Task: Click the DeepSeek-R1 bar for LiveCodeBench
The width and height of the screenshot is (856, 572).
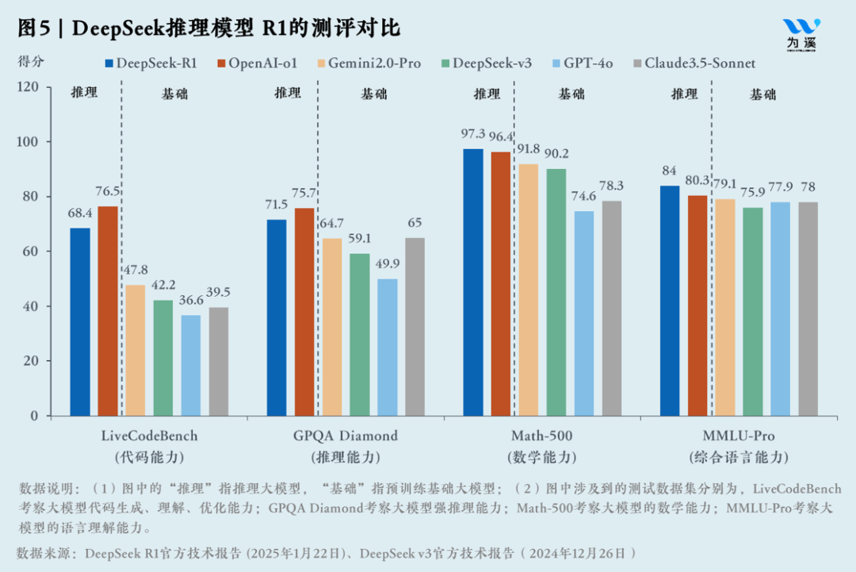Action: click(80, 322)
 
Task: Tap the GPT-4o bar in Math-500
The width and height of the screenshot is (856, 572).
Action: click(584, 313)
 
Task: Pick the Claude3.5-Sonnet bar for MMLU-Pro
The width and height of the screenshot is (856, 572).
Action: click(808, 309)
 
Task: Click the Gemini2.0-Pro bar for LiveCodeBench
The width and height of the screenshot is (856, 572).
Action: click(136, 350)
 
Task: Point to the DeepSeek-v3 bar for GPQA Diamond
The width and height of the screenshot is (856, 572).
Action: click(360, 334)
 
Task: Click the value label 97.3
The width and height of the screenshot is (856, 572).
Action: click(472, 133)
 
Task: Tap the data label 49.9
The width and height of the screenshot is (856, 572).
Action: click(387, 263)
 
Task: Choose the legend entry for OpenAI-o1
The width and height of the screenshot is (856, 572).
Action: click(256, 63)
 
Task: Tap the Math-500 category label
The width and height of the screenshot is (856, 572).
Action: click(542, 436)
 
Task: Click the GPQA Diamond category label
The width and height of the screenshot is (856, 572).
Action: click(345, 436)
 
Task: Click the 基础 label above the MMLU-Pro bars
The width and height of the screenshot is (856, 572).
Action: click(763, 94)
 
